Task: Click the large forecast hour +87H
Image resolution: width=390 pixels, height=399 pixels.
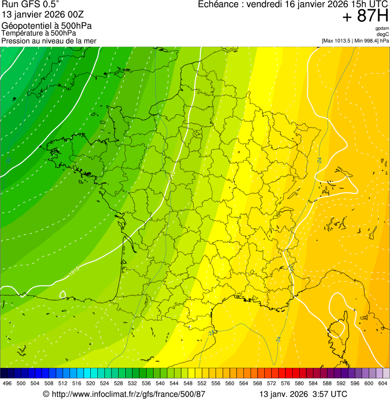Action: [365, 17]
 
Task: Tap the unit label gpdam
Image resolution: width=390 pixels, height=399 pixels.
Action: [382, 29]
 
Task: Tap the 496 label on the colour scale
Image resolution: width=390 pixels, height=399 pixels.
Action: [7, 383]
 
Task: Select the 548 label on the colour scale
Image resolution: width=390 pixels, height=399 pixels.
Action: [187, 383]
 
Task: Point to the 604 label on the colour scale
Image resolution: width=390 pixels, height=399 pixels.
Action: [383, 383]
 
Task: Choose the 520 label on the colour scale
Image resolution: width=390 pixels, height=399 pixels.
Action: [91, 383]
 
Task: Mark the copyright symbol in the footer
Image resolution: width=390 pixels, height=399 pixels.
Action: [46, 394]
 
